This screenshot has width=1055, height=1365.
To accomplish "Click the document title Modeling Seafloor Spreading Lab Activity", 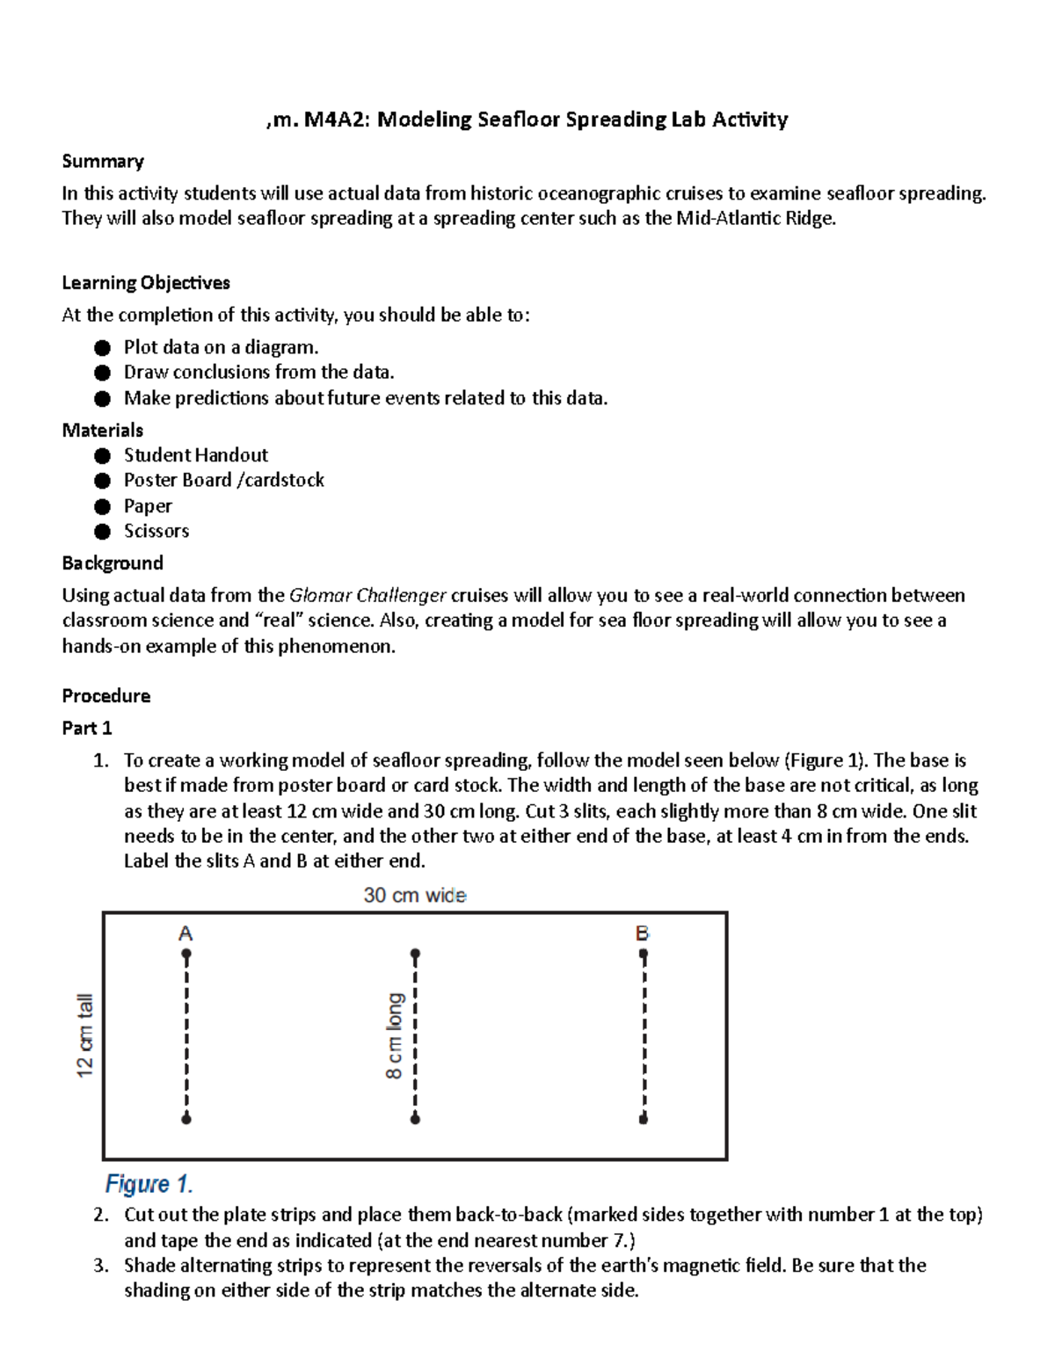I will tap(527, 120).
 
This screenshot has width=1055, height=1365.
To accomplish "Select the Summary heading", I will tap(103, 162).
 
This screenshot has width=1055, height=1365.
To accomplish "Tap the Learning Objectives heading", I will tap(146, 283).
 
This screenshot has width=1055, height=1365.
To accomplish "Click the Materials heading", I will tap(102, 430).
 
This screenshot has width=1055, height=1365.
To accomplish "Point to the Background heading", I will tap(113, 563).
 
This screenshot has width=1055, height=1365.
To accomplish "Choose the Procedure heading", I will tap(105, 696).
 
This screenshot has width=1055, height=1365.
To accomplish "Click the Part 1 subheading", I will tap(87, 729).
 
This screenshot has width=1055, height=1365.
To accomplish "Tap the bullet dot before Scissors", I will tap(103, 532).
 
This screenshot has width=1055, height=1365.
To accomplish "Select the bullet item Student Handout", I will tap(195, 455).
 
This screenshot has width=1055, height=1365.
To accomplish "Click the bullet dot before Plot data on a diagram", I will tap(103, 348).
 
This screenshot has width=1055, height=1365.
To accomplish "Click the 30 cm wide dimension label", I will tap(415, 896).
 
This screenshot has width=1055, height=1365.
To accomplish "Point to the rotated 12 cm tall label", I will tap(84, 1035).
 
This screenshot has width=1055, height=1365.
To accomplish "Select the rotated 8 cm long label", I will tap(395, 1035).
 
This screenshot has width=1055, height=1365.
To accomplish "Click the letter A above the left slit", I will tap(186, 933).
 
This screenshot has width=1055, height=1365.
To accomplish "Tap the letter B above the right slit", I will tap(643, 933).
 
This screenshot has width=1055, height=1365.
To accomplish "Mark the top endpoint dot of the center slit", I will tap(415, 954).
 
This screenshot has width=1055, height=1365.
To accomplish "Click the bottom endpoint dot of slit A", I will tap(186, 1119).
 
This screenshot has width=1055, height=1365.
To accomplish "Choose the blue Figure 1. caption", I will tap(149, 1184).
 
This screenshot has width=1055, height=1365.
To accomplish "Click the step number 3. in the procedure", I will tap(101, 1266).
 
